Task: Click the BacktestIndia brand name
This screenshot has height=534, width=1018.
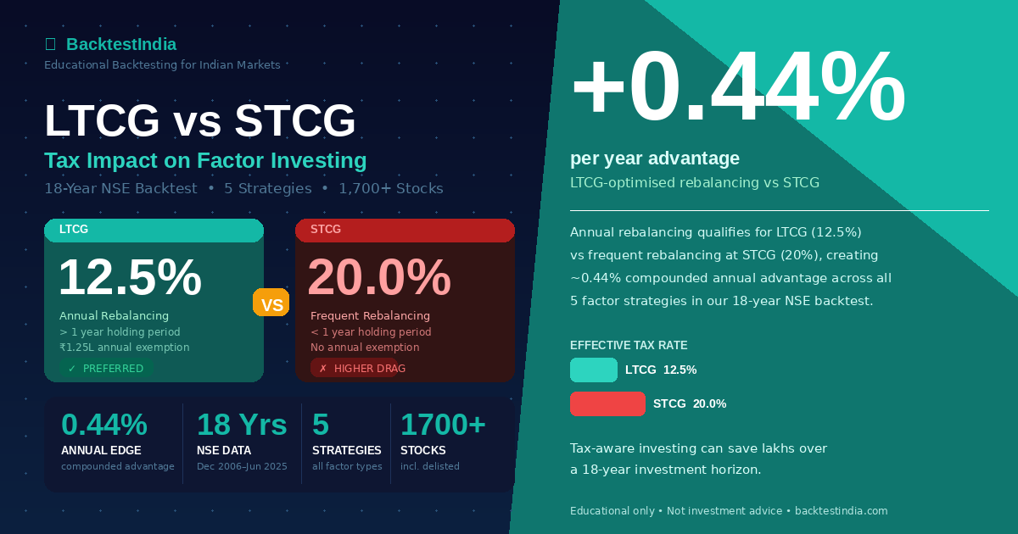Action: point(120,44)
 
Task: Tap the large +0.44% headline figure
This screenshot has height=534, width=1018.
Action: point(738,86)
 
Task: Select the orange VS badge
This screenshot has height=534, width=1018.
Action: point(271,303)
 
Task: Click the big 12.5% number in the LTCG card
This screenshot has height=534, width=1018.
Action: point(130,277)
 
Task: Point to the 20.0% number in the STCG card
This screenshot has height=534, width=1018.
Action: point(379,277)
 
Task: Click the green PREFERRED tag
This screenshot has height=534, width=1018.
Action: point(106,369)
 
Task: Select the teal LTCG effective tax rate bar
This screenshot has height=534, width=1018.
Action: point(594,370)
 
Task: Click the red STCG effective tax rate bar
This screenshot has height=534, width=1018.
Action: point(607,403)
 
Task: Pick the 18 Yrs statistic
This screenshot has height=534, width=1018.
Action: point(242,425)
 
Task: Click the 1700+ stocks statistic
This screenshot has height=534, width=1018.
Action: point(443,425)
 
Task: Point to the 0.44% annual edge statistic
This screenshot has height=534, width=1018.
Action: point(104,425)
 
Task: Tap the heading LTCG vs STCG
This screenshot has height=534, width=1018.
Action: point(200,120)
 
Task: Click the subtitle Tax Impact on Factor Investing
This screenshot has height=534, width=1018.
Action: point(205,160)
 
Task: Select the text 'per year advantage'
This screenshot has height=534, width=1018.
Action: point(655,159)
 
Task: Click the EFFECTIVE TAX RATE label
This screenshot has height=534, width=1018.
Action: point(629,345)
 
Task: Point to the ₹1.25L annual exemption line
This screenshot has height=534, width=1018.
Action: point(124,348)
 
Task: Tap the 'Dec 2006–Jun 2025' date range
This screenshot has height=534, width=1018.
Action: point(242,466)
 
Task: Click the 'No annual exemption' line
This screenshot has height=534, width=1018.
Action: point(365,348)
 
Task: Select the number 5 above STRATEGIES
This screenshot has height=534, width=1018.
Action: point(321,425)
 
